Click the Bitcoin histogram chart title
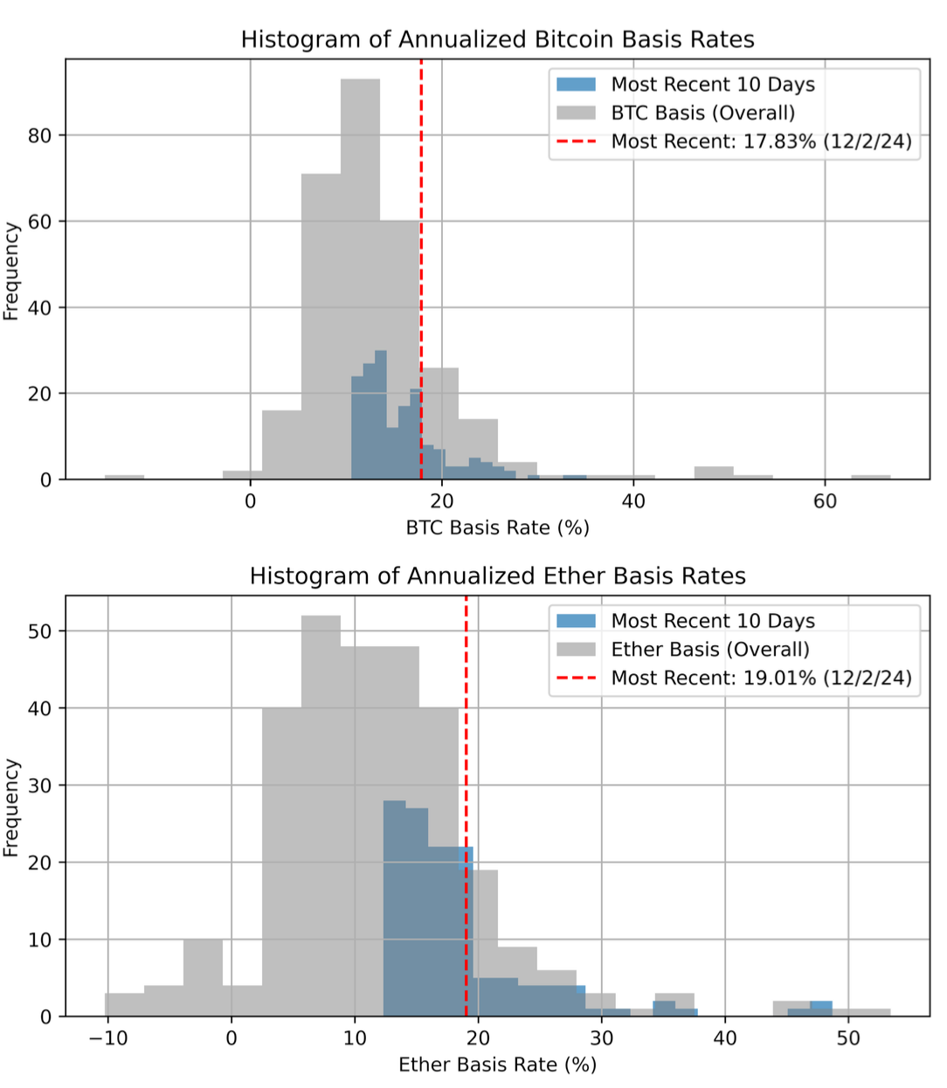point(497,40)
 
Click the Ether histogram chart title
point(497,576)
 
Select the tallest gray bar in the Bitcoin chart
point(360,279)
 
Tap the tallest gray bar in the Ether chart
point(321,816)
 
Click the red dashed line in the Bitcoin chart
point(421,269)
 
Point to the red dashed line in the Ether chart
point(466,806)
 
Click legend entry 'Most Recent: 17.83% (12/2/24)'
point(734,141)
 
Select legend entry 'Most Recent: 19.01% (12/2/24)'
point(734,678)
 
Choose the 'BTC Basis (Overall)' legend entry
point(675,113)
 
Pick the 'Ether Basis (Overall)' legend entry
point(683,650)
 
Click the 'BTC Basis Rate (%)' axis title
point(497,528)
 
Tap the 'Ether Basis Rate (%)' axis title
point(497,1064)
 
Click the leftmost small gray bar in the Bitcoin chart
point(125,477)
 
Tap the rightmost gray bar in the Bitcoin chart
point(871,477)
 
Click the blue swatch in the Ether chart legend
point(577,621)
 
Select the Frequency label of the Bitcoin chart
point(10,272)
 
